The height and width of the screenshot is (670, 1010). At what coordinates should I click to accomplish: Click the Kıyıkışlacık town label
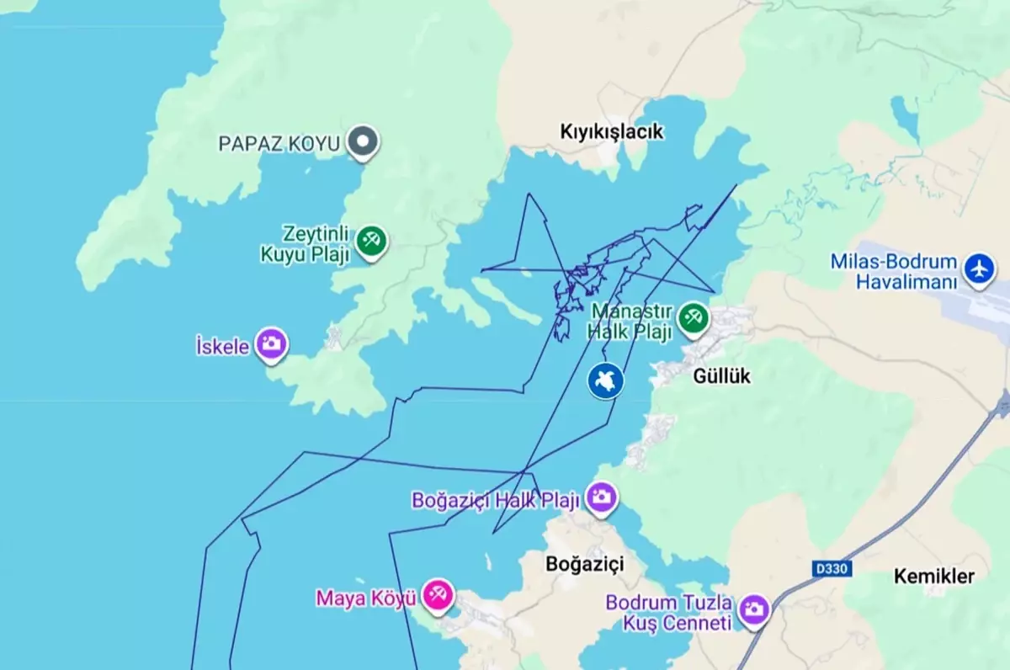612,132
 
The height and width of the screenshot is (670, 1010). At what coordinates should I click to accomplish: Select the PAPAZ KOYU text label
279,144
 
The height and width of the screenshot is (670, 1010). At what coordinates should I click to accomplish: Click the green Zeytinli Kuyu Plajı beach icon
370,241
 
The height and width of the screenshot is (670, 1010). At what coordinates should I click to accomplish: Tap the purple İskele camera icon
271,343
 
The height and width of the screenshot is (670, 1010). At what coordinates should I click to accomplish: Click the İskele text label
222,346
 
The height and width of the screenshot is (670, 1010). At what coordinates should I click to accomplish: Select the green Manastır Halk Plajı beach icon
694,318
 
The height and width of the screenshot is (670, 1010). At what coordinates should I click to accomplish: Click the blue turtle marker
605,380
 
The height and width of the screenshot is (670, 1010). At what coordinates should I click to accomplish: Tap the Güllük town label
721,376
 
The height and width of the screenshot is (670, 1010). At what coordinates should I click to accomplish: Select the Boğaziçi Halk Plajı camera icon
601,497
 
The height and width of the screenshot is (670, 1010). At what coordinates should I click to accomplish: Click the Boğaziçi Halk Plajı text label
496,501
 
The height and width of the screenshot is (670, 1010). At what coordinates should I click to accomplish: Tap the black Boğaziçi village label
585,563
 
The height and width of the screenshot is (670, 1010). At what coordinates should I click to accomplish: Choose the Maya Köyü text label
366,598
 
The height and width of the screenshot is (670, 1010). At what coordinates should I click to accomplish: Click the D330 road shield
832,570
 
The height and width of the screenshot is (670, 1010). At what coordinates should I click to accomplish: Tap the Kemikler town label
933,577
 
